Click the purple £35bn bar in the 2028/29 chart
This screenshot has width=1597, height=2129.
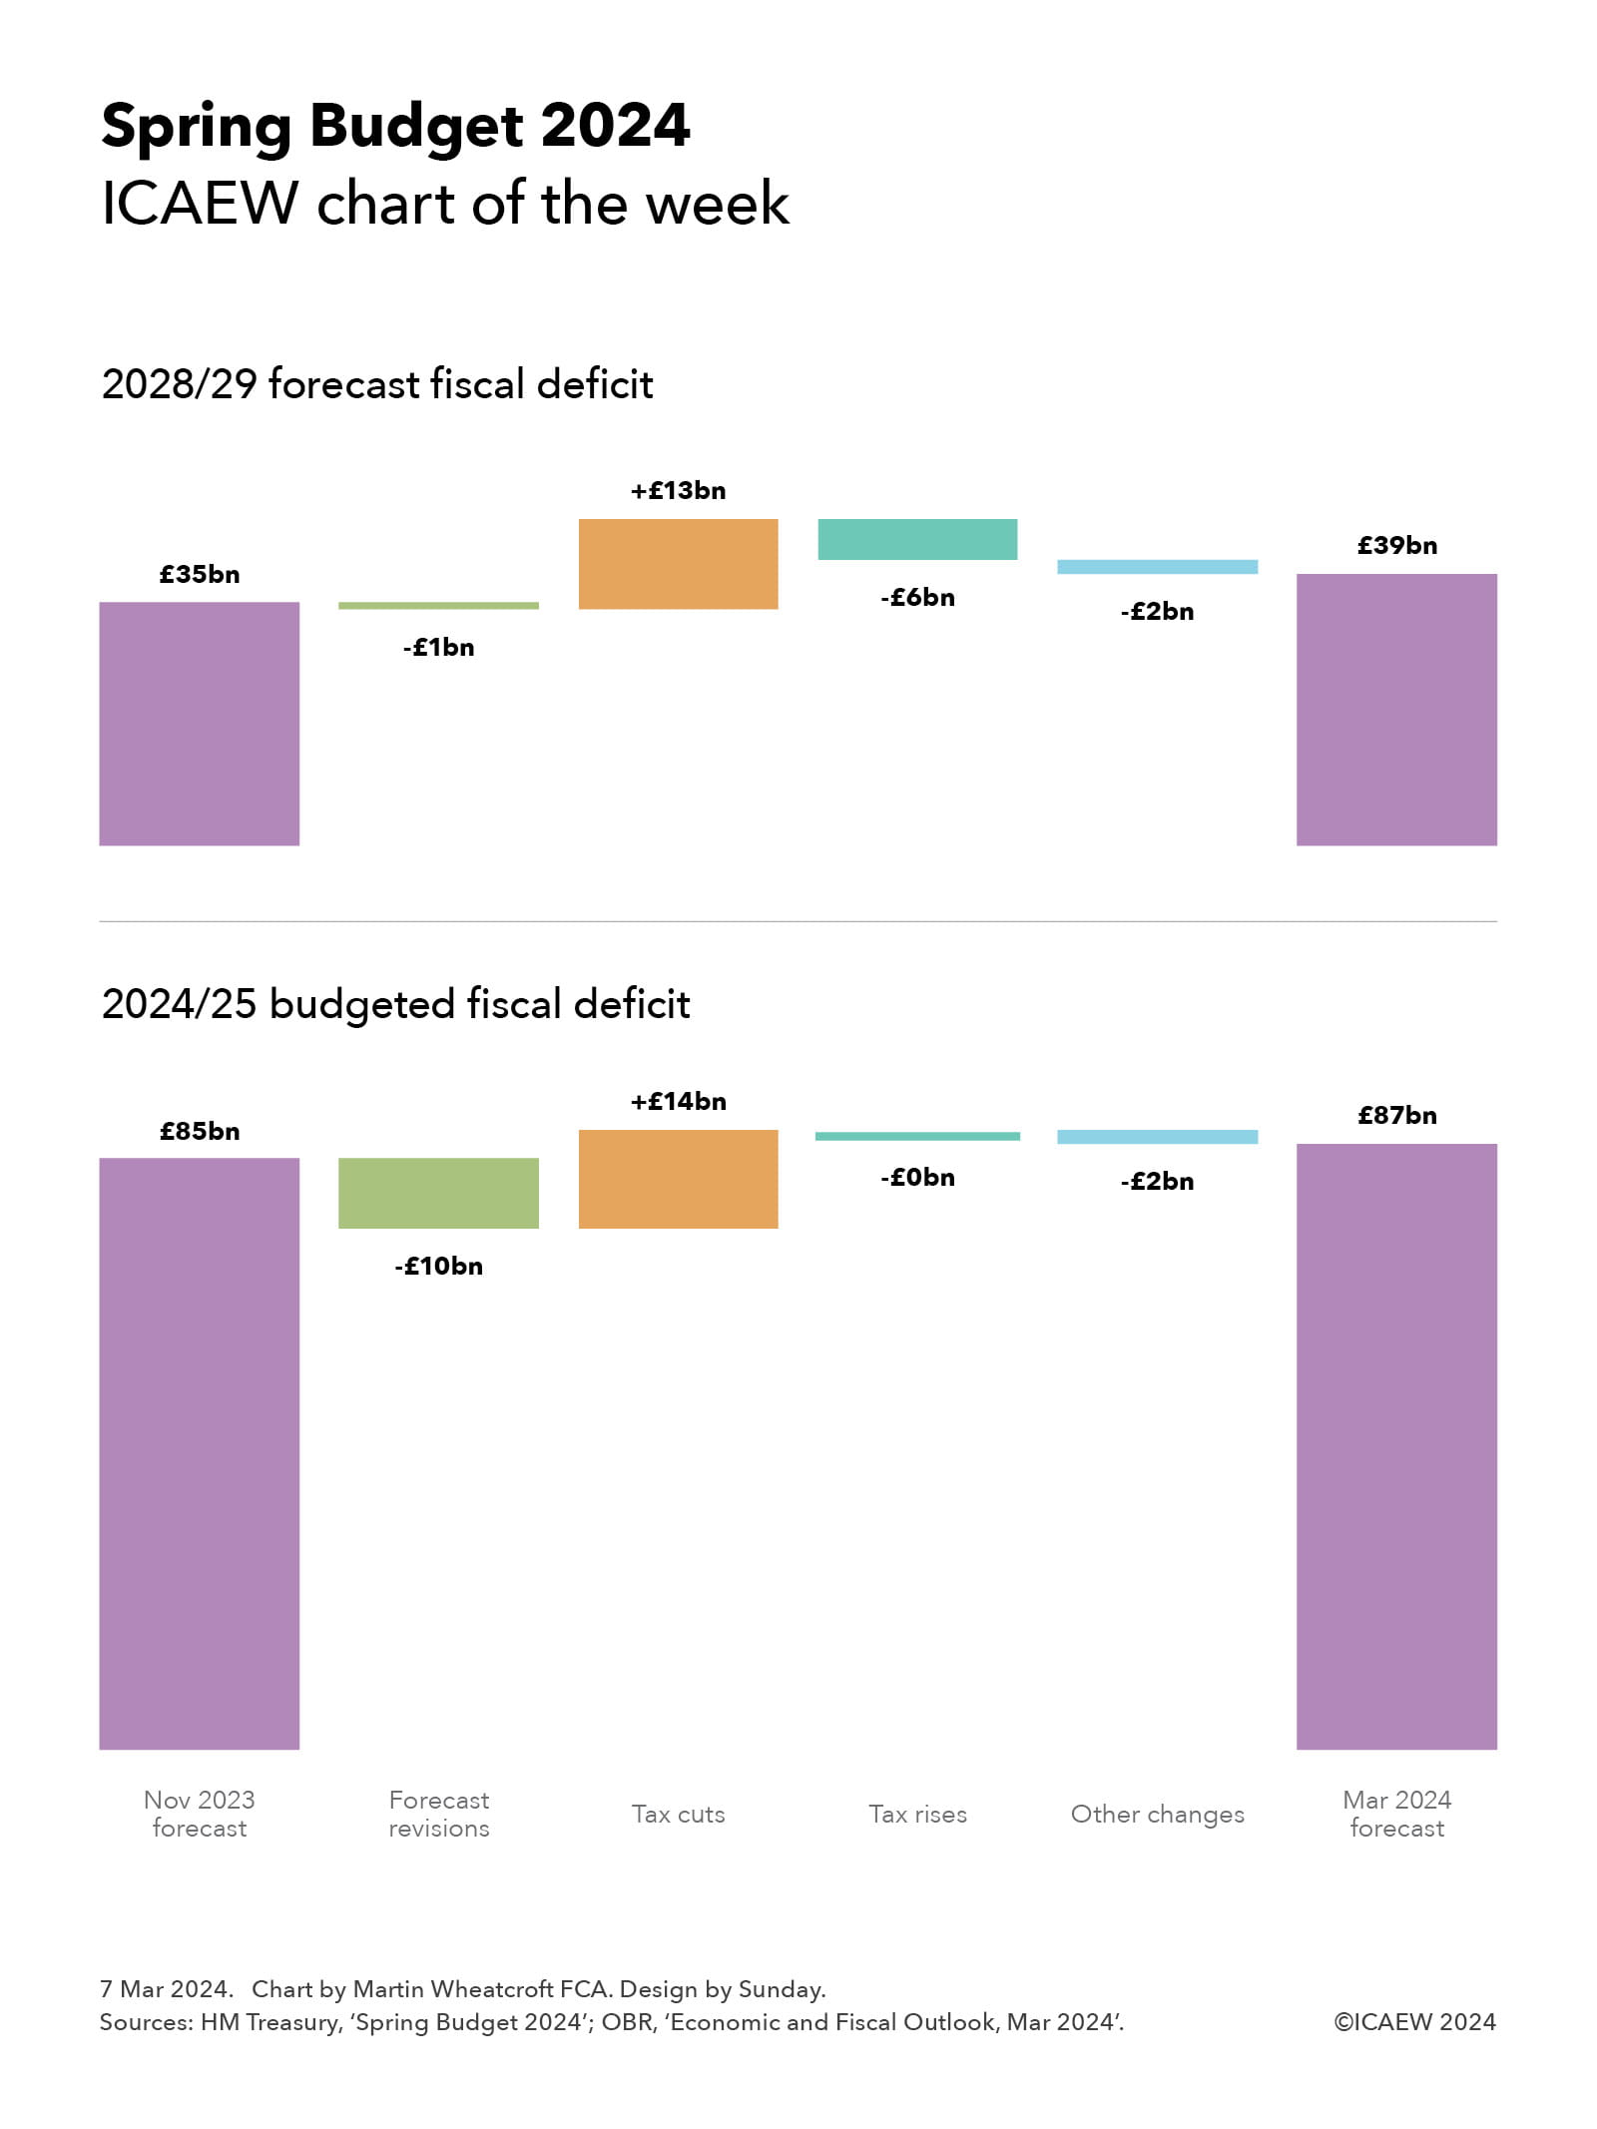(x=199, y=723)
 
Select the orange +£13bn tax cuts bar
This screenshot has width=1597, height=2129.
(x=678, y=563)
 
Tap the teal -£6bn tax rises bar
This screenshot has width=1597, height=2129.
(x=917, y=539)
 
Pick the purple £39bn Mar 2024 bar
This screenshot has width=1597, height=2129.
(x=1396, y=709)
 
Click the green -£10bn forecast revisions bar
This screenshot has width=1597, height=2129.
(x=438, y=1193)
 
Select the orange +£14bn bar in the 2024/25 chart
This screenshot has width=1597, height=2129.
(x=678, y=1179)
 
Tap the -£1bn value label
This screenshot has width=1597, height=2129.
(x=438, y=647)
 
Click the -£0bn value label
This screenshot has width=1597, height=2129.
(x=917, y=1177)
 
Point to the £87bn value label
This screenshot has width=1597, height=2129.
(x=1396, y=1115)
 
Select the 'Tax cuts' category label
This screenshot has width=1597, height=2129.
(x=678, y=1814)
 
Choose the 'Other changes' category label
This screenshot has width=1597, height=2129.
(x=1157, y=1814)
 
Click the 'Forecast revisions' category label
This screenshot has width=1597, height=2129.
(x=438, y=1814)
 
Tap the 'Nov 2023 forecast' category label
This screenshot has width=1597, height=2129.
(x=199, y=1814)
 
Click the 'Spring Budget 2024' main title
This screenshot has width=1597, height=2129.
(x=395, y=127)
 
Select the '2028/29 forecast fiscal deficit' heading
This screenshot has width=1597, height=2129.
(x=377, y=384)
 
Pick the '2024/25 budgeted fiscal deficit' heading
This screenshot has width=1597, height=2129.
(x=395, y=1004)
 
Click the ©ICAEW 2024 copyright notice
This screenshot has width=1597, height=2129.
(x=1414, y=2021)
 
